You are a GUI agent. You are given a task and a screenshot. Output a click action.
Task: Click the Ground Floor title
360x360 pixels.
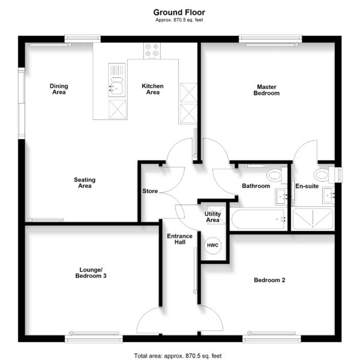(x=179, y=12)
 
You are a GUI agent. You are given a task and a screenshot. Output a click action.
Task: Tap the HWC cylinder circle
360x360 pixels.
(x=212, y=245)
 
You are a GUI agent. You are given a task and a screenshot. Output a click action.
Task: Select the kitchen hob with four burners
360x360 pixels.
(x=152, y=51)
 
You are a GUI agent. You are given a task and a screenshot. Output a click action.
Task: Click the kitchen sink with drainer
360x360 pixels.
(x=117, y=80)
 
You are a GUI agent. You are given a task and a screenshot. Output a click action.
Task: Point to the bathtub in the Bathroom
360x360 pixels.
(x=259, y=219)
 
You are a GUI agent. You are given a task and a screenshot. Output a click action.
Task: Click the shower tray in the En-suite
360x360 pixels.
(x=313, y=218)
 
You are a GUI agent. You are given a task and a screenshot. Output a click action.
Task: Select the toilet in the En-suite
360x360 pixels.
(x=324, y=175)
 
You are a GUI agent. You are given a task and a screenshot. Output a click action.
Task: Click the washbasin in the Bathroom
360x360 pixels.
(x=281, y=197)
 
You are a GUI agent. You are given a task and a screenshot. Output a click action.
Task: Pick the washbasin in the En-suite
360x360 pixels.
(x=328, y=196)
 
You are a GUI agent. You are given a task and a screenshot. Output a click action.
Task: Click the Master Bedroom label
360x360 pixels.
(x=266, y=90)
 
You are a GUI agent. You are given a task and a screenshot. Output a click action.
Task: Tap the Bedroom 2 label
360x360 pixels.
(x=269, y=280)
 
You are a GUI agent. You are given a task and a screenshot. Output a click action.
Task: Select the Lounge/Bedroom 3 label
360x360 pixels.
(x=91, y=273)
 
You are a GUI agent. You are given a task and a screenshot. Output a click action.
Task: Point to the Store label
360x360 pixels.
(x=150, y=191)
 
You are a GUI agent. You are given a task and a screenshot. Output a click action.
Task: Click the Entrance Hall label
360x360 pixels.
(x=180, y=239)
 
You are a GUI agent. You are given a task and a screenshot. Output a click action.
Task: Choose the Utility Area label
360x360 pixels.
(x=212, y=217)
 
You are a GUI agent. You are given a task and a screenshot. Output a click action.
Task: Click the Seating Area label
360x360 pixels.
(x=85, y=183)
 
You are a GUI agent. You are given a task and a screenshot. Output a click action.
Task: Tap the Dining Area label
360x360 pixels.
(x=59, y=89)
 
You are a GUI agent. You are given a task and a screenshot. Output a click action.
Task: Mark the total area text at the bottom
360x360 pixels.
(x=178, y=356)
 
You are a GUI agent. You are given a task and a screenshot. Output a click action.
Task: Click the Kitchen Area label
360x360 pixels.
(x=152, y=89)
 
